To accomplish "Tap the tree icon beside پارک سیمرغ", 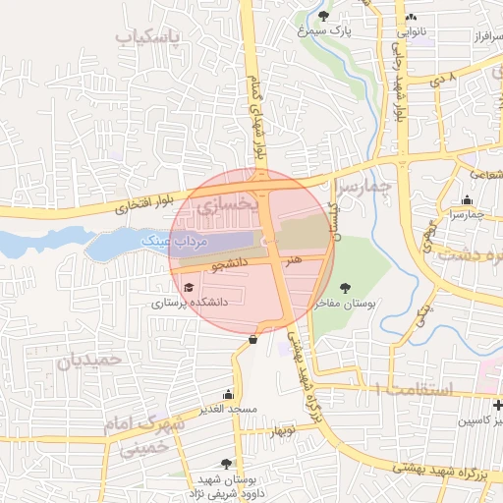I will coord(325,16).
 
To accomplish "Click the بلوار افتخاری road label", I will coord(149,202).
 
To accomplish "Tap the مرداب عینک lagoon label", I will coord(173,239).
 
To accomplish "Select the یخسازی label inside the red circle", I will coord(228,206).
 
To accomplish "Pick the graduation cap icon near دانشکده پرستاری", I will coord(189,288).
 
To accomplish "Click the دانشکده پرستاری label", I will coord(189,303).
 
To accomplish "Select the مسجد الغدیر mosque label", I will coord(228,409).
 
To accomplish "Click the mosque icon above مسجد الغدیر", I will coord(228,395).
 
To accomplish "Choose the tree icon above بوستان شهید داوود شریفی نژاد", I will coord(227,463).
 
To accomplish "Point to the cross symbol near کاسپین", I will coord(497,405).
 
